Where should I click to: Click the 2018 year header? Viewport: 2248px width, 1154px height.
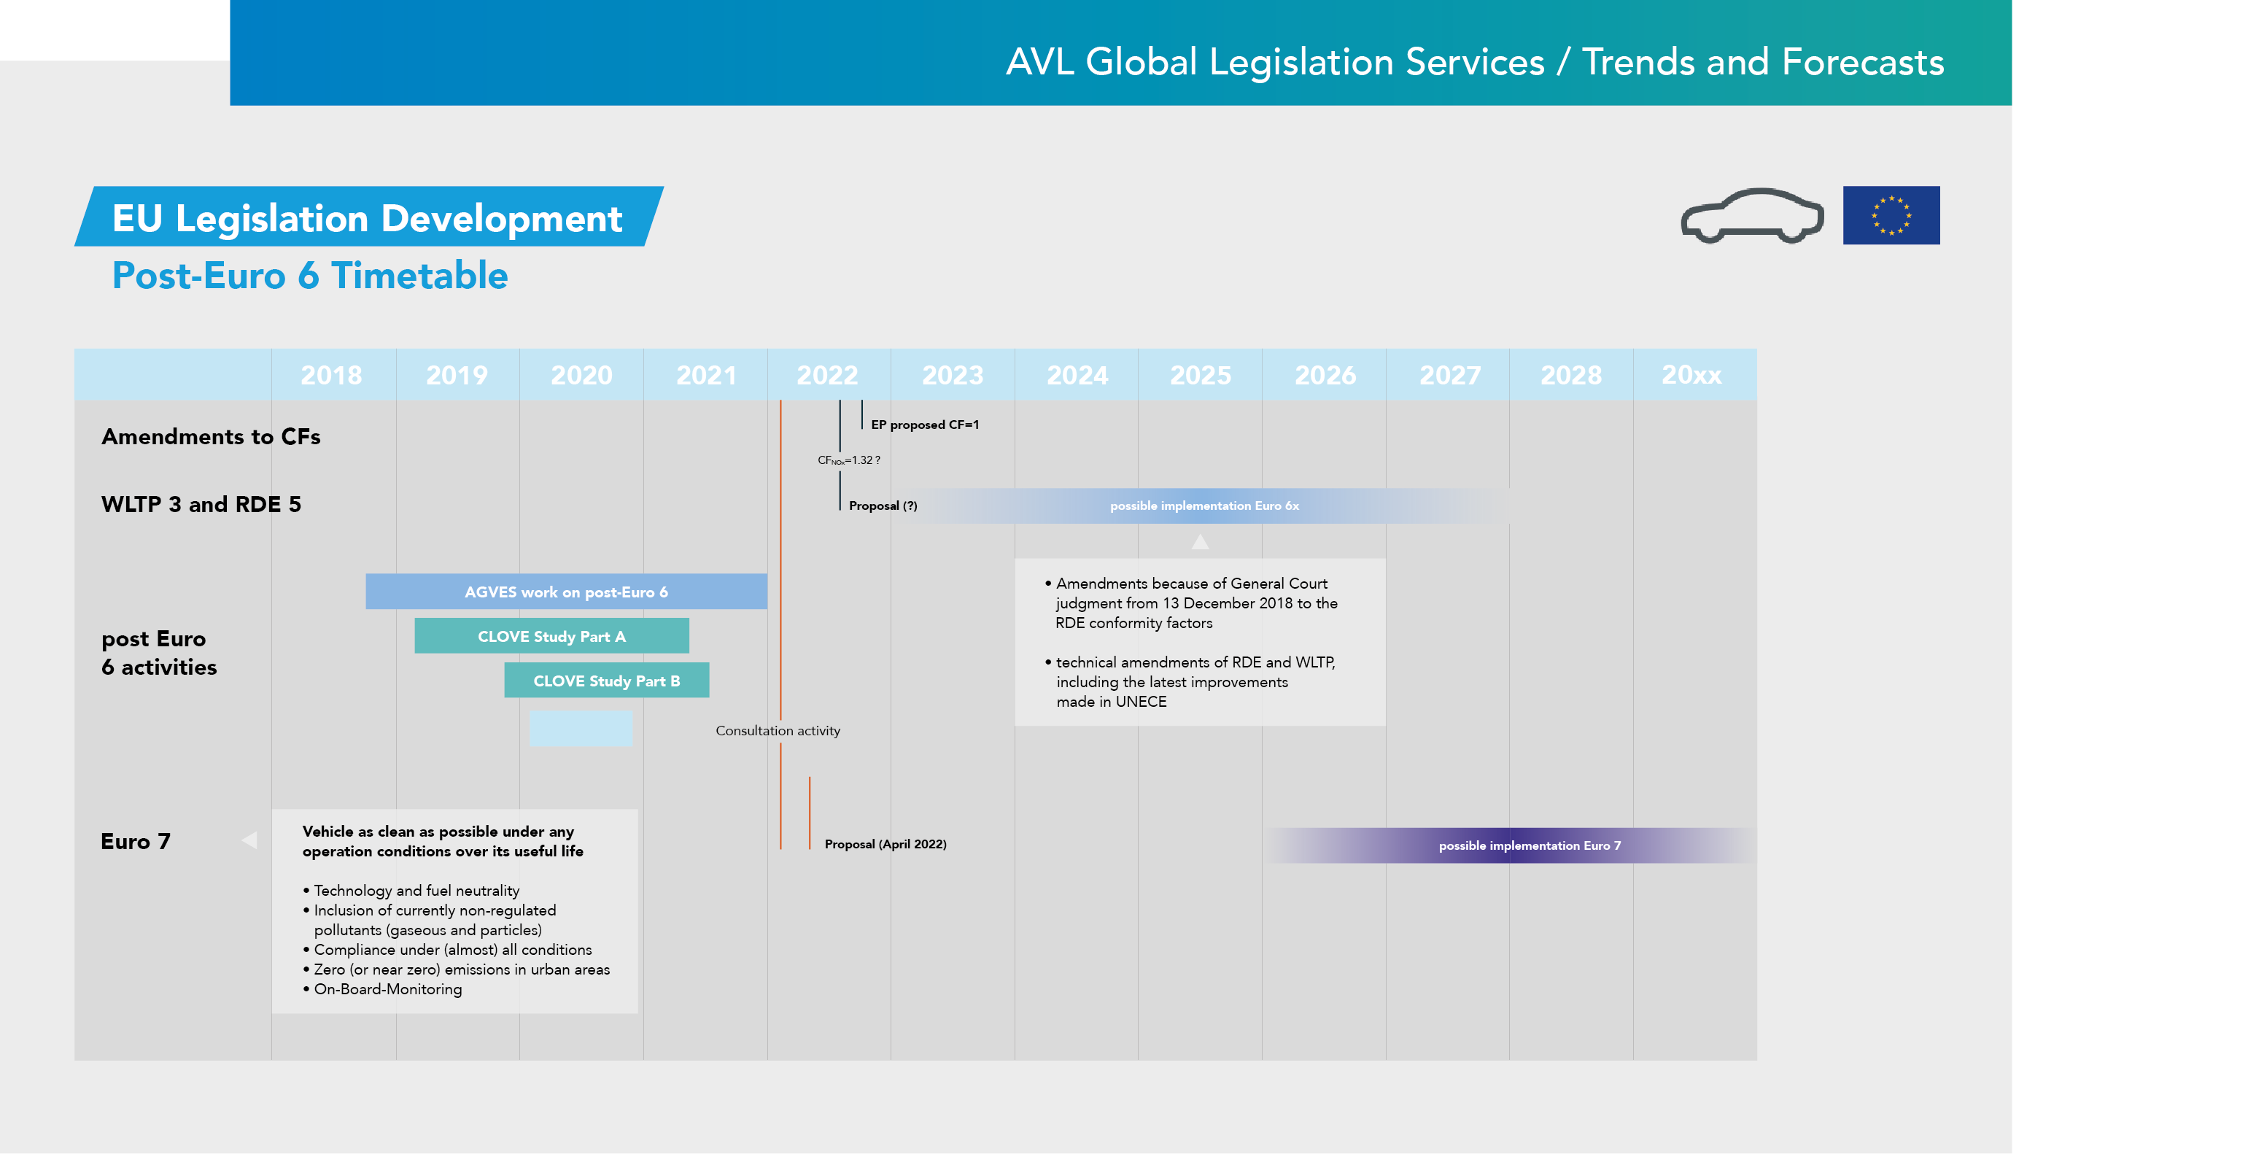332,376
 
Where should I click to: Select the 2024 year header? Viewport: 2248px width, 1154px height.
1077,376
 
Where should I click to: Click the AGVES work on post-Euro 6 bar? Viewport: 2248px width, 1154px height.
565,592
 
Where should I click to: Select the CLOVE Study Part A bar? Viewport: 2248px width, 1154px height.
551,636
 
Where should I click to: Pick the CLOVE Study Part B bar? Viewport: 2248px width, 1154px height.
607,681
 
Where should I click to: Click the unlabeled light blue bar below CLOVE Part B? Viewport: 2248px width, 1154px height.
581,729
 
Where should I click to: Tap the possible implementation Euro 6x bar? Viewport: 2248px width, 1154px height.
1204,506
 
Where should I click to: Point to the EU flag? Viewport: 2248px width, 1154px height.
1891,216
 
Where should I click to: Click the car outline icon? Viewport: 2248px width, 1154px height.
1751,217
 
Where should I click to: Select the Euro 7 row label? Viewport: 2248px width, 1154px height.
135,842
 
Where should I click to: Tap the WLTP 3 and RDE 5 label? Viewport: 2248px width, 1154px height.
201,505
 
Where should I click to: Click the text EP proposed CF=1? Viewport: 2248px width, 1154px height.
924,425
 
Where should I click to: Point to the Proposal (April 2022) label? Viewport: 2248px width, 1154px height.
885,844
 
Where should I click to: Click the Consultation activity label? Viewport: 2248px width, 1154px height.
778,731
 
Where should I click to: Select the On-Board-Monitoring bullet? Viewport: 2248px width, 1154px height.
387,989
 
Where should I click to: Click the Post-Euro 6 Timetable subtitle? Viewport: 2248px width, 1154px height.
310,276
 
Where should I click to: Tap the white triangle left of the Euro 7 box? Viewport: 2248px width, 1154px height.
249,840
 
